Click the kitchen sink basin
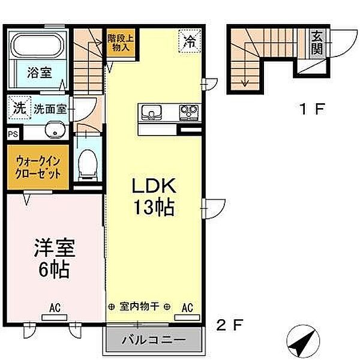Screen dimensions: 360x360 150,112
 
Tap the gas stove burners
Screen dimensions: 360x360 190,112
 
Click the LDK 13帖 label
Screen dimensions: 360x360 154,197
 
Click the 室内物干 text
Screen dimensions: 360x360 139,307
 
